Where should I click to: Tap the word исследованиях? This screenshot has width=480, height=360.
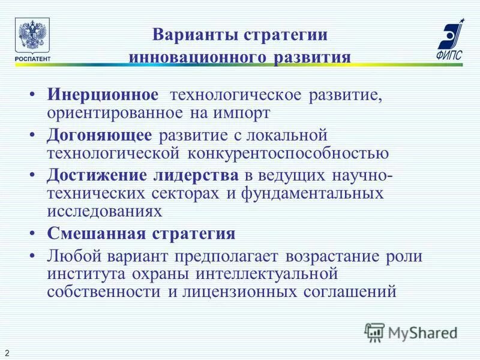104,212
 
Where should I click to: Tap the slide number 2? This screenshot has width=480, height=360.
7,350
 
